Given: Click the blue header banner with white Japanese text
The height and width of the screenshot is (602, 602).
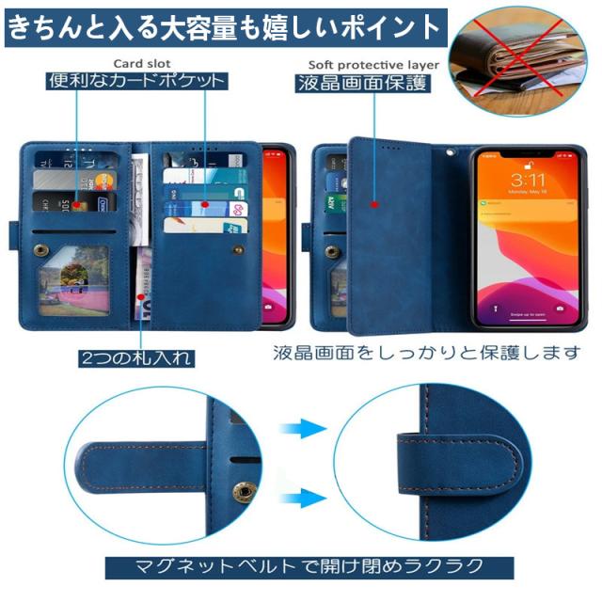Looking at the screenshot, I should (x=223, y=26).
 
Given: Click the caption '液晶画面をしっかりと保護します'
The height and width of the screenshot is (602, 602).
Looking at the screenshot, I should (x=429, y=355).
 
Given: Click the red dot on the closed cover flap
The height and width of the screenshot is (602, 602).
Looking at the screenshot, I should (x=373, y=201).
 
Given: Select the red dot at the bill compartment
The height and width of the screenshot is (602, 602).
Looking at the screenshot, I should (x=144, y=295).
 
